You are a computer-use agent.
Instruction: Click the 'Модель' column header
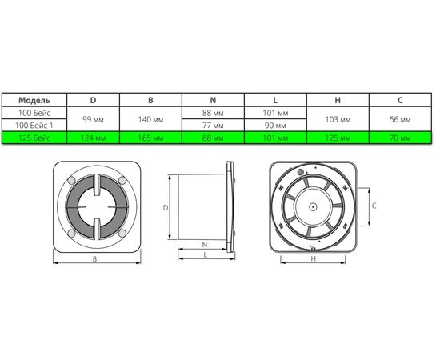[x=34, y=100]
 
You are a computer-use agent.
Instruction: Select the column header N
[x=213, y=100]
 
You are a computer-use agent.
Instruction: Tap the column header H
[x=338, y=100]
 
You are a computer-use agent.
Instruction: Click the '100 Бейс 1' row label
[x=34, y=125]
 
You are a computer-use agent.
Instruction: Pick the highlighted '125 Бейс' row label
[x=34, y=138]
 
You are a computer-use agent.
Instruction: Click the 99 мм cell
[x=93, y=119]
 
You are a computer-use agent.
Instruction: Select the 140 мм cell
[x=150, y=119]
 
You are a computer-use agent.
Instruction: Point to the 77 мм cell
[x=213, y=125]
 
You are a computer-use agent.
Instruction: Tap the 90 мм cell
[x=275, y=125]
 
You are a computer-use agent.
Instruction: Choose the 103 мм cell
[x=338, y=119]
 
